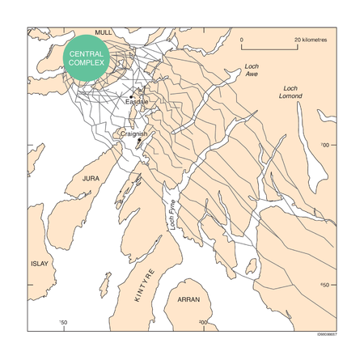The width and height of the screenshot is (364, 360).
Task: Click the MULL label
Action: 103,32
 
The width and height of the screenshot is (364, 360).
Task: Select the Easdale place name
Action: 137,102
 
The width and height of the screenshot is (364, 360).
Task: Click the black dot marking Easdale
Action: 131,96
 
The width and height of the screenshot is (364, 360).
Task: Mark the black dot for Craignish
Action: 138,140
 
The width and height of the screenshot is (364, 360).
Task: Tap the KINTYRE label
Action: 146,284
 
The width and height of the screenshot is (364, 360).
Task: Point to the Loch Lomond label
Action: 292,91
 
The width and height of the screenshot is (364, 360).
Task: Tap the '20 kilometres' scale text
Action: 310,39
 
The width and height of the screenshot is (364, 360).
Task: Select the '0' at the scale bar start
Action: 243,39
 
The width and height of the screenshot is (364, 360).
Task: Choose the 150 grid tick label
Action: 64,324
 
